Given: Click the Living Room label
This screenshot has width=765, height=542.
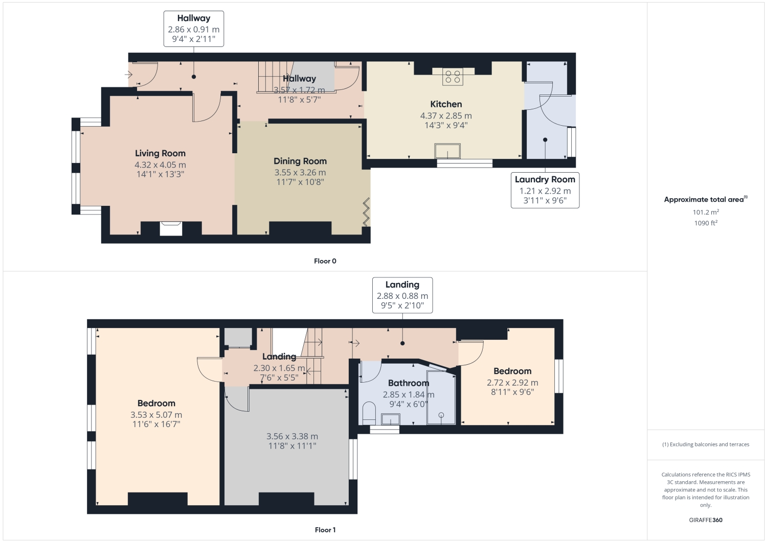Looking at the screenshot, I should (x=160, y=153).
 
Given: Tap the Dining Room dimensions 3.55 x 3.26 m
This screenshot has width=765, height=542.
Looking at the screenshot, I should (x=300, y=173).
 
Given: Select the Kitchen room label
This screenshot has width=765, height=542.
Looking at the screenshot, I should (x=446, y=104).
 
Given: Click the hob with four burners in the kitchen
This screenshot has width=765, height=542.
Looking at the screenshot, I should (x=453, y=77).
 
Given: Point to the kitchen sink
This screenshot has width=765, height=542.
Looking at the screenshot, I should (x=447, y=151).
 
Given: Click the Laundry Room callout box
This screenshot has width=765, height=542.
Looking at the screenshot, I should (x=545, y=190).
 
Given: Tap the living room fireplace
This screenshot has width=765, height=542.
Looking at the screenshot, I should (x=171, y=228).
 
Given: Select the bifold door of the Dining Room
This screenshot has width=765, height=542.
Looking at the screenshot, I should (x=367, y=212).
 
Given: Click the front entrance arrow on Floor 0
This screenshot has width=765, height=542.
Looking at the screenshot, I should (x=128, y=75).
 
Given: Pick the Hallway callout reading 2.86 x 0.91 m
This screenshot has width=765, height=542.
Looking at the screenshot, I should (x=193, y=29).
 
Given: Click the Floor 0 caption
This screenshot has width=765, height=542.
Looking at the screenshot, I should (x=325, y=261).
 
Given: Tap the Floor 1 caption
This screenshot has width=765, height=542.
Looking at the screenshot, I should (x=325, y=530).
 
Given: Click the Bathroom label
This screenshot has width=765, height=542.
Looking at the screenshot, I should (x=408, y=383).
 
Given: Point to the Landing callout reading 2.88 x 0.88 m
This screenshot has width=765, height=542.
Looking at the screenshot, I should (x=402, y=295).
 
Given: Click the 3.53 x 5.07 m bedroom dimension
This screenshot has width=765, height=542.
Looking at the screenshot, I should (x=156, y=415).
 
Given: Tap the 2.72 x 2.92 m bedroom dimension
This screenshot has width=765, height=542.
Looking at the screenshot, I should (x=512, y=383).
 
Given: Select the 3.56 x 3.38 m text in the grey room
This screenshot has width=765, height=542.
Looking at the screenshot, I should (x=292, y=436).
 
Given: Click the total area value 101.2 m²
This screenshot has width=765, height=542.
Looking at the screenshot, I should (x=706, y=212).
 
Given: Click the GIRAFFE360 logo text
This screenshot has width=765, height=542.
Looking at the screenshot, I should (x=706, y=520).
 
